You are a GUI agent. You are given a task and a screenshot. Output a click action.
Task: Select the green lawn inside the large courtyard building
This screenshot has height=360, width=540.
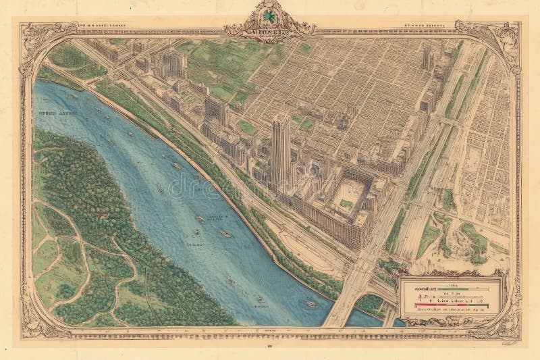tap(347, 203)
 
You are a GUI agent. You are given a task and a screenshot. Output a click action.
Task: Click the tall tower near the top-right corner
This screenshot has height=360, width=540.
tap(427, 59)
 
